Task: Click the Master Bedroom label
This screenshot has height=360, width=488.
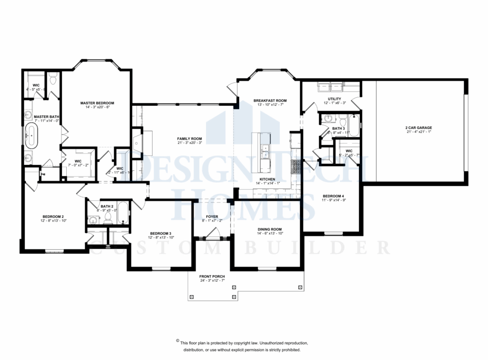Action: (97, 103)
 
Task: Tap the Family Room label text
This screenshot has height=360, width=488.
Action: (187, 138)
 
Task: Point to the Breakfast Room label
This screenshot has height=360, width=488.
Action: (270, 101)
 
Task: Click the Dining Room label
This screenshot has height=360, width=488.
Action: (270, 229)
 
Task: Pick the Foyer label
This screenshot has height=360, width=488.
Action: (212, 216)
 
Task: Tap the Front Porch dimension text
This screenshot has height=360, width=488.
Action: (212, 281)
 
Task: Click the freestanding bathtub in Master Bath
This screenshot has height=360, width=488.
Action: (32, 134)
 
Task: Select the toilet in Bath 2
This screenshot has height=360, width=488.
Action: (108, 218)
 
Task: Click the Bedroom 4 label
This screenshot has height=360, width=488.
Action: (333, 196)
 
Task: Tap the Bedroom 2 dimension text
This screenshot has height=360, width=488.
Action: (53, 221)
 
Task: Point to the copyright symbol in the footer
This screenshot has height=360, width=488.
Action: (177, 341)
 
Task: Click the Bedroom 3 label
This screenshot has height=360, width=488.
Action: (161, 233)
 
